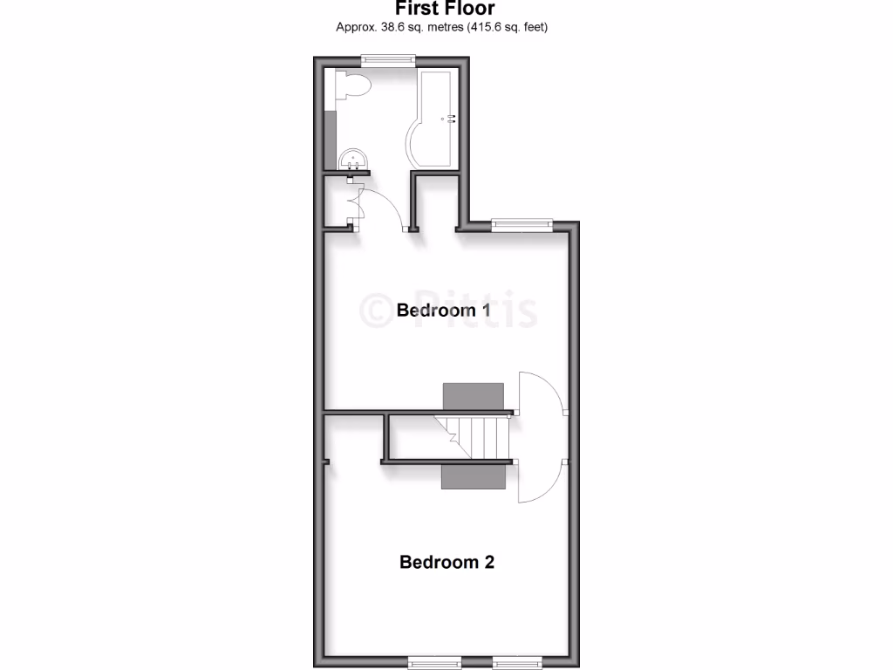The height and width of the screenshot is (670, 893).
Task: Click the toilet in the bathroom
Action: click(353, 85)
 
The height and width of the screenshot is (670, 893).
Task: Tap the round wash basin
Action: click(353, 159)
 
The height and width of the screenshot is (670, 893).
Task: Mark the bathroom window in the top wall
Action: click(388, 60)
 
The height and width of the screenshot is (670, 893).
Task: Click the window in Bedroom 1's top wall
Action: click(521, 224)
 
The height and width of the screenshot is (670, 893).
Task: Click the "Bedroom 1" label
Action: click(443, 310)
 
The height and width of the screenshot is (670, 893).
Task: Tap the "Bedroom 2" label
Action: click(446, 562)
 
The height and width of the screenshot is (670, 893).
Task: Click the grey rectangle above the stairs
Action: click(474, 395)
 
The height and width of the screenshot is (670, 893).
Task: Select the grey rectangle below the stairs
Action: click(474, 476)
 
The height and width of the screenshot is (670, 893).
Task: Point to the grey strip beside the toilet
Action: click(331, 140)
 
